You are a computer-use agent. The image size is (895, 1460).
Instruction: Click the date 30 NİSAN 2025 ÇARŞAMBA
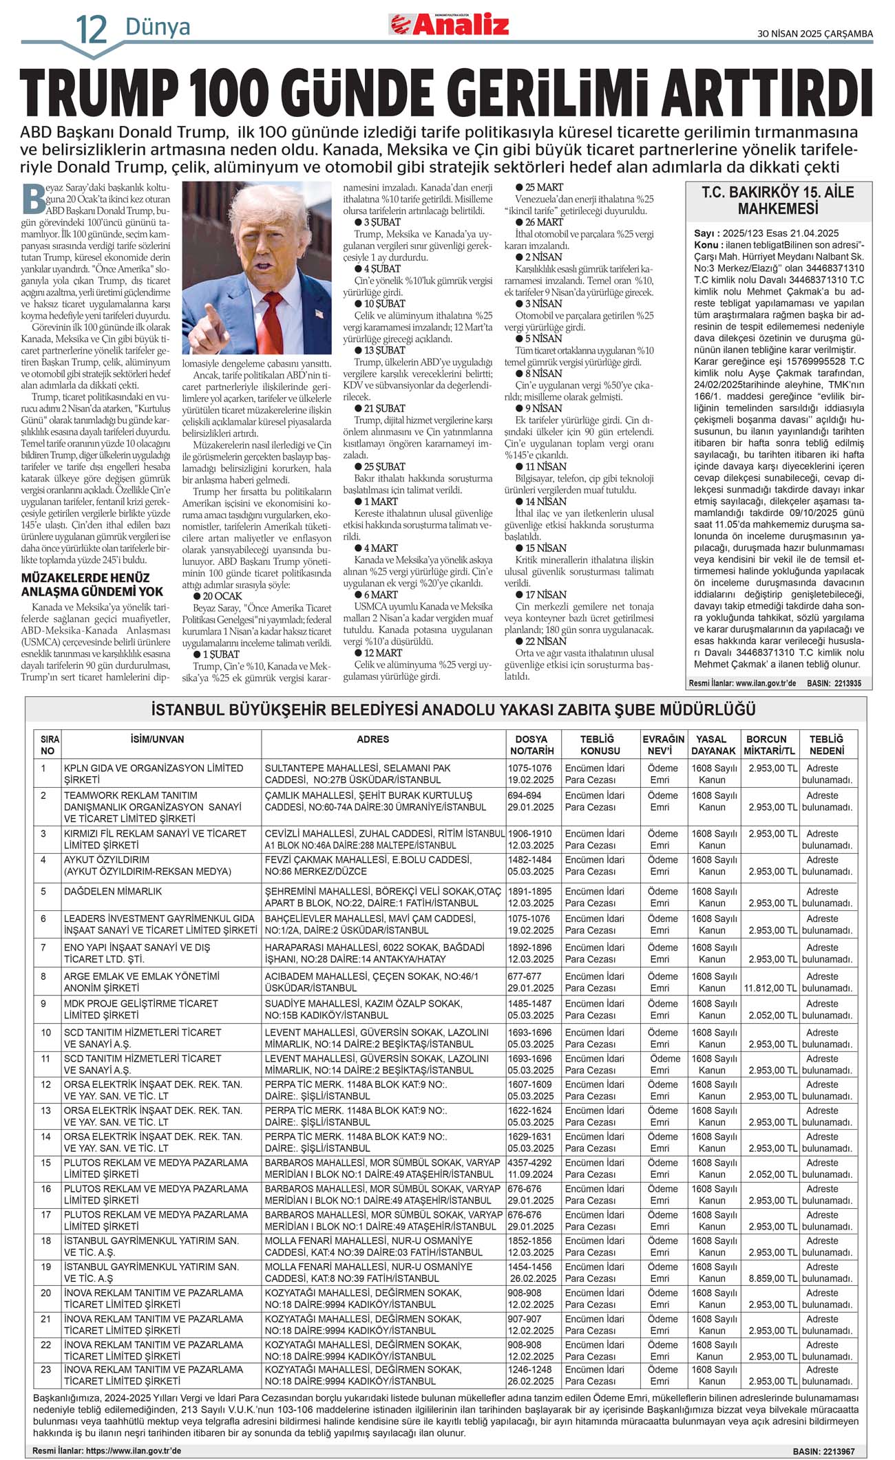(x=814, y=33)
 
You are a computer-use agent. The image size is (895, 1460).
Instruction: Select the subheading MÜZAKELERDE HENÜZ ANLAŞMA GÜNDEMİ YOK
(x=92, y=585)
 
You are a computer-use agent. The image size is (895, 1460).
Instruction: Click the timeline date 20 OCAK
(x=222, y=596)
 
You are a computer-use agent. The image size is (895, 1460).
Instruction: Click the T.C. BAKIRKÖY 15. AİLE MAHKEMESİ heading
(x=777, y=200)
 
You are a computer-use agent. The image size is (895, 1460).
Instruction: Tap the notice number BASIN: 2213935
(x=834, y=684)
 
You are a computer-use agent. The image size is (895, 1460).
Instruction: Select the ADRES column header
(x=372, y=739)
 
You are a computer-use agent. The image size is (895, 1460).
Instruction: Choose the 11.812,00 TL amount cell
(x=770, y=988)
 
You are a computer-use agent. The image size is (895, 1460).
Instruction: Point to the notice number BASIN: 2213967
(x=823, y=1451)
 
